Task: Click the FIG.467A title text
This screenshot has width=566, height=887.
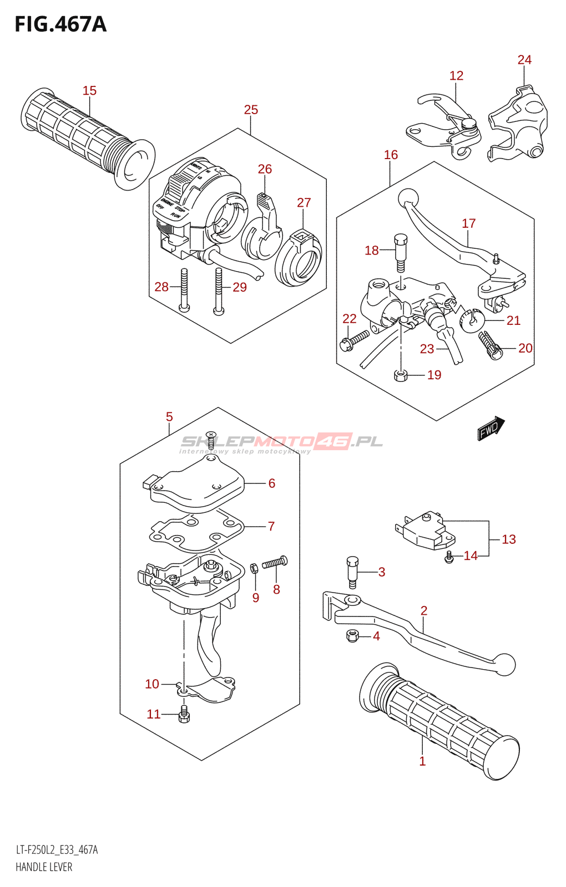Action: pos(60,24)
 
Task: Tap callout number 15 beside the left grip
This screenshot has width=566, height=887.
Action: pos(89,90)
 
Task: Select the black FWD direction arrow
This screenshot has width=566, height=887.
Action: pos(491,428)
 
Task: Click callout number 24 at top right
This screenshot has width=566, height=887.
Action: pos(524,60)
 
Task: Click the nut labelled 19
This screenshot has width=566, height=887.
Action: pos(401,375)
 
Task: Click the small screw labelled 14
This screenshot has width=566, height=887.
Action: pos(449,557)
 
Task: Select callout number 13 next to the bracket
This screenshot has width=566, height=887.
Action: pos(509,539)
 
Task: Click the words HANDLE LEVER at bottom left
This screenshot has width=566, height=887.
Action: pos(44,867)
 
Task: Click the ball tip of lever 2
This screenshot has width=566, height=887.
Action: pos(504,664)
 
